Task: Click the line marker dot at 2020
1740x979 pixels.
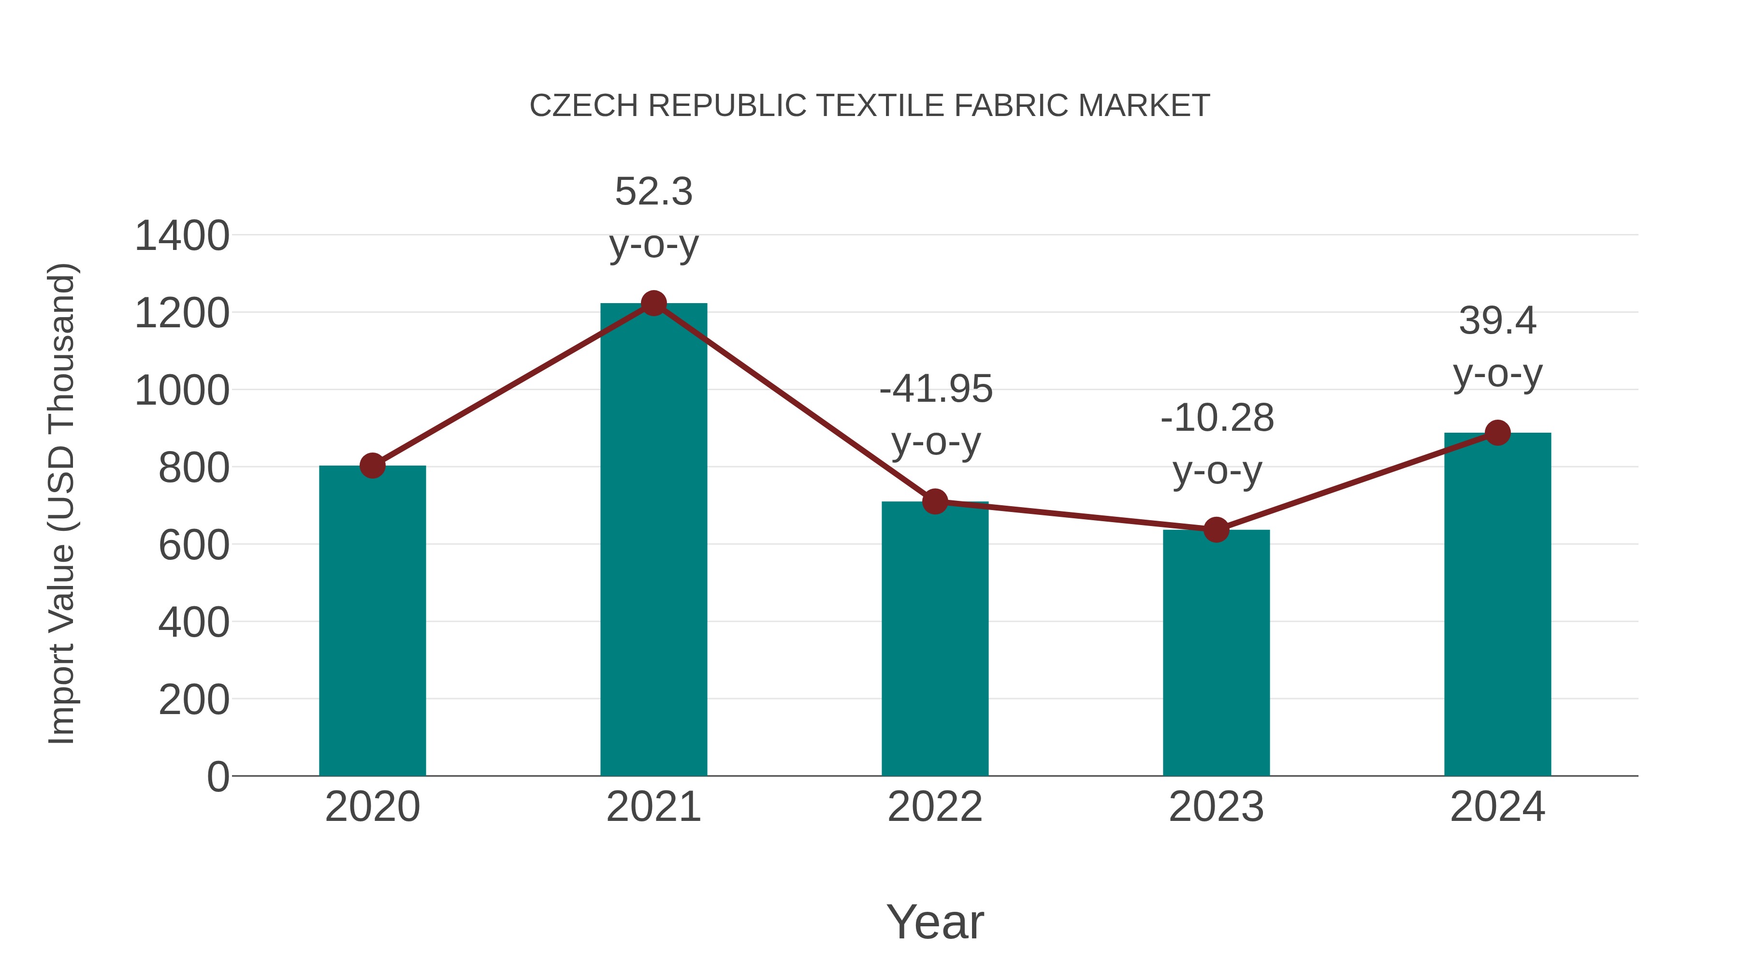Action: coord(372,466)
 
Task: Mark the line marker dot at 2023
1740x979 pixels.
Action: coord(1216,530)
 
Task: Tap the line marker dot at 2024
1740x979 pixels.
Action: coord(1497,432)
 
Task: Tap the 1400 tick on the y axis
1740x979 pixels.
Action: coord(182,236)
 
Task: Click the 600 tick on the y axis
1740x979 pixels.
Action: coord(193,545)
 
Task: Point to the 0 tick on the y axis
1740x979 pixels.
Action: coord(217,777)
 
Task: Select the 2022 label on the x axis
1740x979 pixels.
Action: coord(935,807)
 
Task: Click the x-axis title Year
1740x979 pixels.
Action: coord(935,921)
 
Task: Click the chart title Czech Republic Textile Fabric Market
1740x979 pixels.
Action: coord(870,106)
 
